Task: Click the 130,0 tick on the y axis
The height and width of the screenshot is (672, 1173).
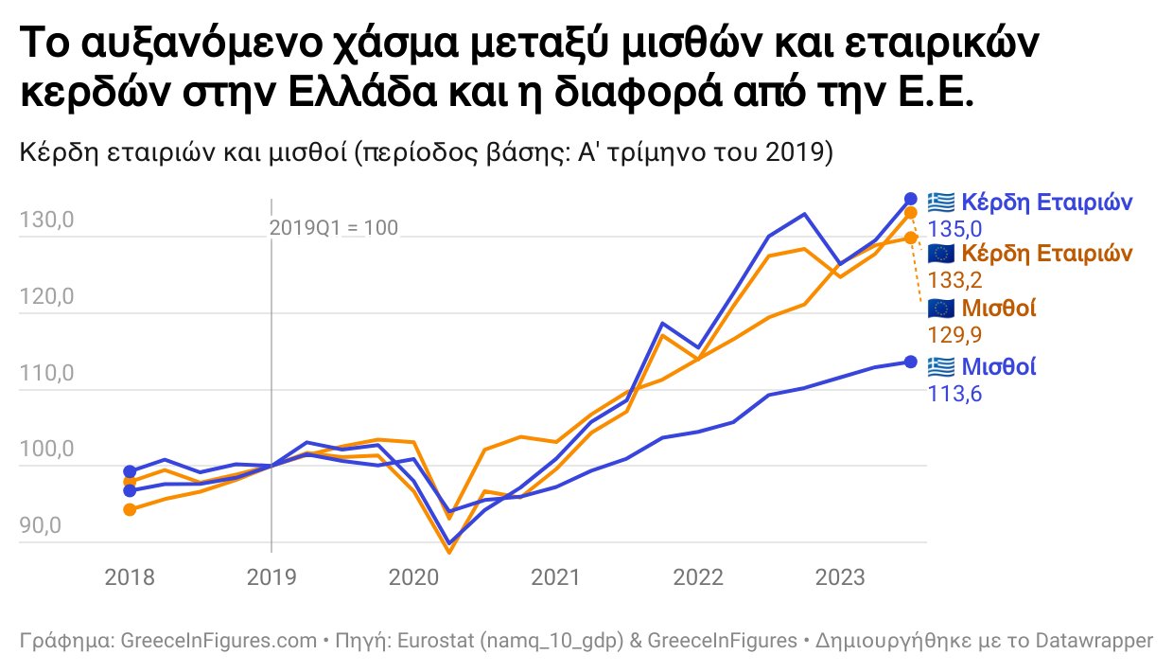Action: (45, 222)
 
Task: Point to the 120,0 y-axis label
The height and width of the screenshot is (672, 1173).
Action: (45, 299)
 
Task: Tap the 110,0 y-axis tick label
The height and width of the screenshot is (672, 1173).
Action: (45, 375)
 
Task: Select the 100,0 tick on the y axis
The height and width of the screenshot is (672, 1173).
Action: (45, 451)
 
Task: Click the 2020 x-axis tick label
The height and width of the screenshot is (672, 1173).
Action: (413, 576)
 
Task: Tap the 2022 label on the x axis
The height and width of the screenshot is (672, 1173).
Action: (699, 576)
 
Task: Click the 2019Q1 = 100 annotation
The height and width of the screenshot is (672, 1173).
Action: (334, 228)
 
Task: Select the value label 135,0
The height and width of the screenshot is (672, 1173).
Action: (954, 229)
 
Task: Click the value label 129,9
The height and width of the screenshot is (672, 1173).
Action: (954, 334)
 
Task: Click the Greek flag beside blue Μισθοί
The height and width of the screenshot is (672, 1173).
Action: (941, 365)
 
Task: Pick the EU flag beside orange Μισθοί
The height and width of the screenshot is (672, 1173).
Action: (941, 308)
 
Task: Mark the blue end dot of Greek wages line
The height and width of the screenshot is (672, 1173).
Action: (911, 362)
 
